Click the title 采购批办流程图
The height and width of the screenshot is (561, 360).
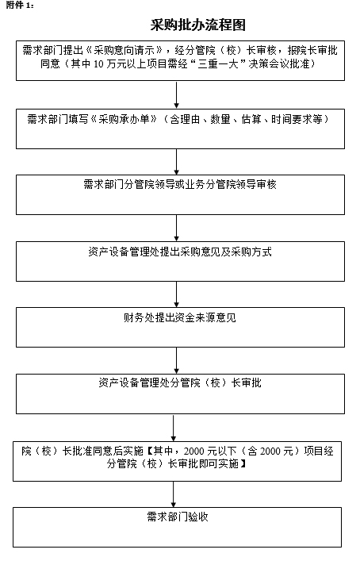(197, 25)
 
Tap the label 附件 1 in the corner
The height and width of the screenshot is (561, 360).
(20, 5)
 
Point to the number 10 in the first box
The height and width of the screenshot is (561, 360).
(98, 64)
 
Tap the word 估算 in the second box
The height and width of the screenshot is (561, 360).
(251, 119)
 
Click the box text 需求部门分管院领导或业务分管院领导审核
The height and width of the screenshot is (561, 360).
(180, 184)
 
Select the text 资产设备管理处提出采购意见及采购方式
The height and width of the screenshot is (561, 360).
(180, 252)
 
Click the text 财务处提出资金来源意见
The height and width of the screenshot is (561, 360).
(180, 317)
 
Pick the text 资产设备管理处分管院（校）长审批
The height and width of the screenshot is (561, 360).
(180, 382)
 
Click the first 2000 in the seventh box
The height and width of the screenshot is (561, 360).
(193, 451)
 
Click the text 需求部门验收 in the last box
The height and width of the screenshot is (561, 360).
(178, 517)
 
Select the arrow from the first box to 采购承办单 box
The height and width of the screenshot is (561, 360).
(176, 94)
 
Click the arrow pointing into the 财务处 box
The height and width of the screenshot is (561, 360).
(176, 294)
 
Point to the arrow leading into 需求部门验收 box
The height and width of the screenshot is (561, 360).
(174, 494)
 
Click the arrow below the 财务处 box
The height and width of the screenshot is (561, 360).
(176, 360)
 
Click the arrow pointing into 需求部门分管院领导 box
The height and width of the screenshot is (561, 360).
(176, 162)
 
